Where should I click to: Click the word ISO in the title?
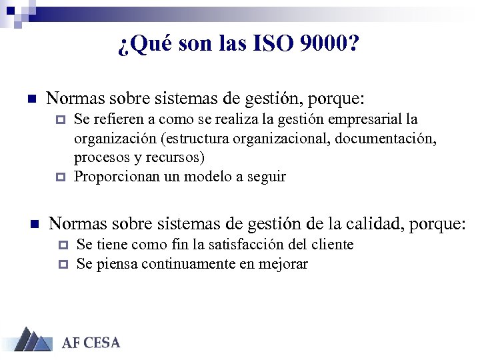[273, 45]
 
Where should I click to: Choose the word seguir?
[266, 177]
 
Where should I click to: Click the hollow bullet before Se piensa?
[63, 265]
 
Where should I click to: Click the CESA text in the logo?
[101, 343]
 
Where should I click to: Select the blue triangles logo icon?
[32, 339]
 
